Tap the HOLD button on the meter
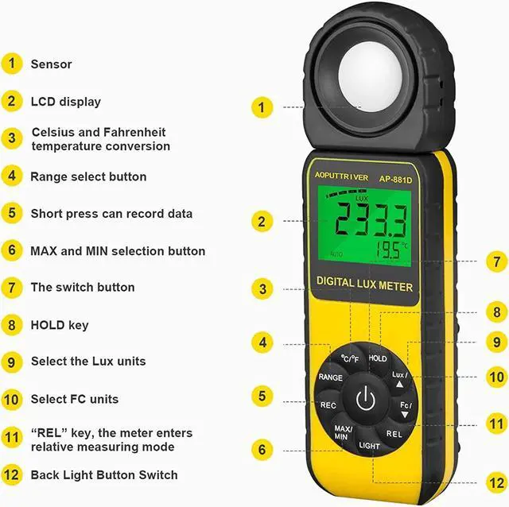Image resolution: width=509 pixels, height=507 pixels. point(378,358)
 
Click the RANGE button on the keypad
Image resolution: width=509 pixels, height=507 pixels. point(330,377)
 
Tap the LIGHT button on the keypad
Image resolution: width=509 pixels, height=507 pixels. point(369,446)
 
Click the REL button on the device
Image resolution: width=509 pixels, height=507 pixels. point(394,434)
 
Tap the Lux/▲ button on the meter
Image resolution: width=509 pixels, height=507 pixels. point(399,377)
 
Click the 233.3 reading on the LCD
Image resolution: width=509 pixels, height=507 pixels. point(370,219)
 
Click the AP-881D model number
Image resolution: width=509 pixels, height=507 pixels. point(395,179)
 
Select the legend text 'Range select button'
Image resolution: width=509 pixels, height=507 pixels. point(88,176)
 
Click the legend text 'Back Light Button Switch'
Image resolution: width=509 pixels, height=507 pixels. point(104,475)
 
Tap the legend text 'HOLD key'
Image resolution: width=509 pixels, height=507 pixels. point(60,325)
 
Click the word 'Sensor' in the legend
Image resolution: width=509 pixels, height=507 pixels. point(51,64)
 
